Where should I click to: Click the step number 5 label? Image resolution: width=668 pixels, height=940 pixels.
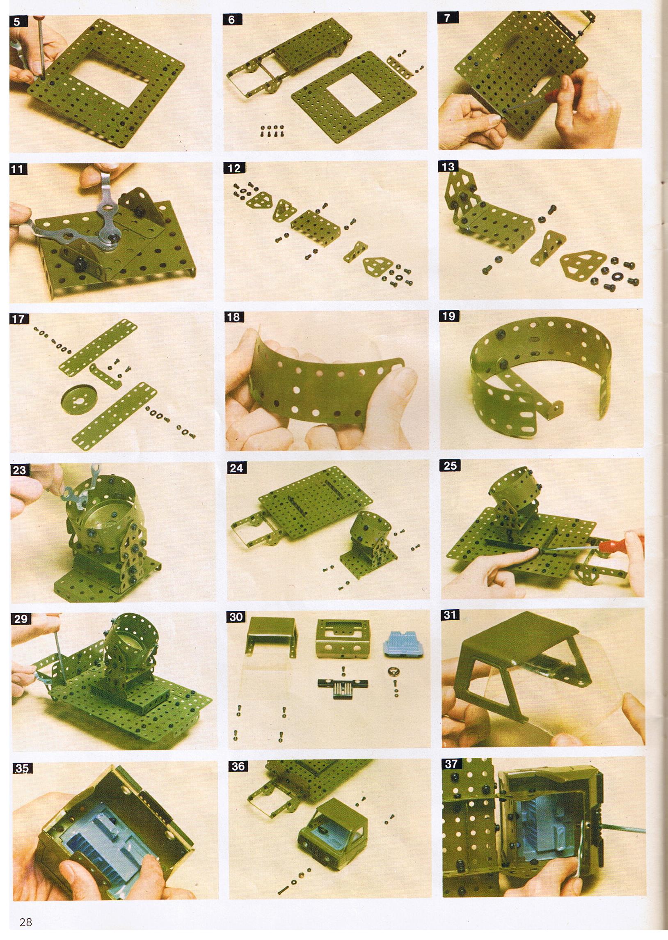[x=16, y=22]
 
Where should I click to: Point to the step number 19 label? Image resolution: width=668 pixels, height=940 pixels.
[x=449, y=316]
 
